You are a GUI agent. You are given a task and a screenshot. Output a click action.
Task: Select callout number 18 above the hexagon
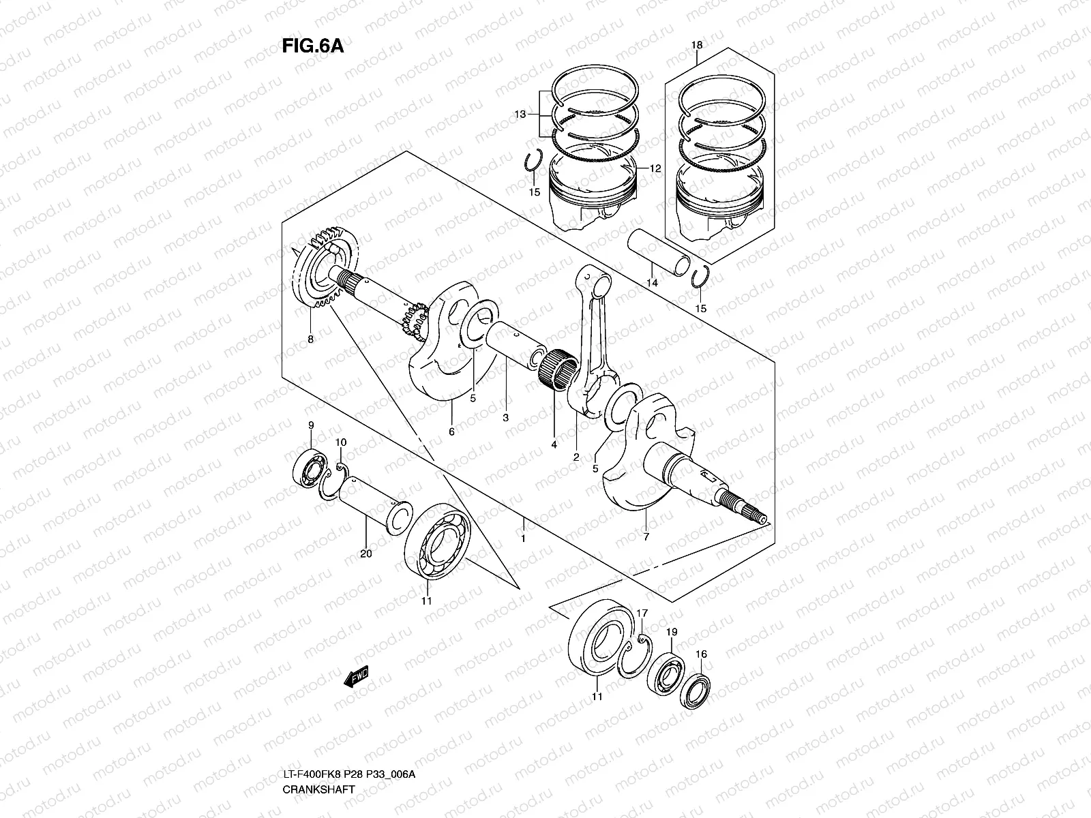(x=696, y=46)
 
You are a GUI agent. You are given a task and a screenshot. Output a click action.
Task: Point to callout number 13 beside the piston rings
(x=520, y=115)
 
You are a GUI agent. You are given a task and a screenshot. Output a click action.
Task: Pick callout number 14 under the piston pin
(x=652, y=282)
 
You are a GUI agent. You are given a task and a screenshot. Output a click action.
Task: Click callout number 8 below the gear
(x=311, y=339)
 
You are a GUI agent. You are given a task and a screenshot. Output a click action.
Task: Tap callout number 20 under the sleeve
(x=365, y=554)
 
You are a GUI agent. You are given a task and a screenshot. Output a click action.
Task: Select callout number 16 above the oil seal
(x=701, y=654)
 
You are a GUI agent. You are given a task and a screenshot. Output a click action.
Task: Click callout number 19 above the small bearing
(x=671, y=633)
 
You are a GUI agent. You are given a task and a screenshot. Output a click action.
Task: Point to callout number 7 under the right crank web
(x=646, y=536)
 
